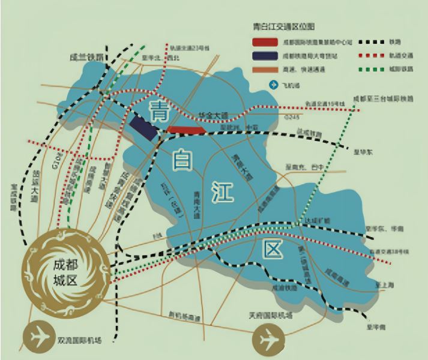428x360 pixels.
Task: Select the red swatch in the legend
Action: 265,43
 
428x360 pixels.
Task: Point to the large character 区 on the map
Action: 271,247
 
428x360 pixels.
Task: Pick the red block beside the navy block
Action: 187,128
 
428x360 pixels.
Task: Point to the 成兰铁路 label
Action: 87,58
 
